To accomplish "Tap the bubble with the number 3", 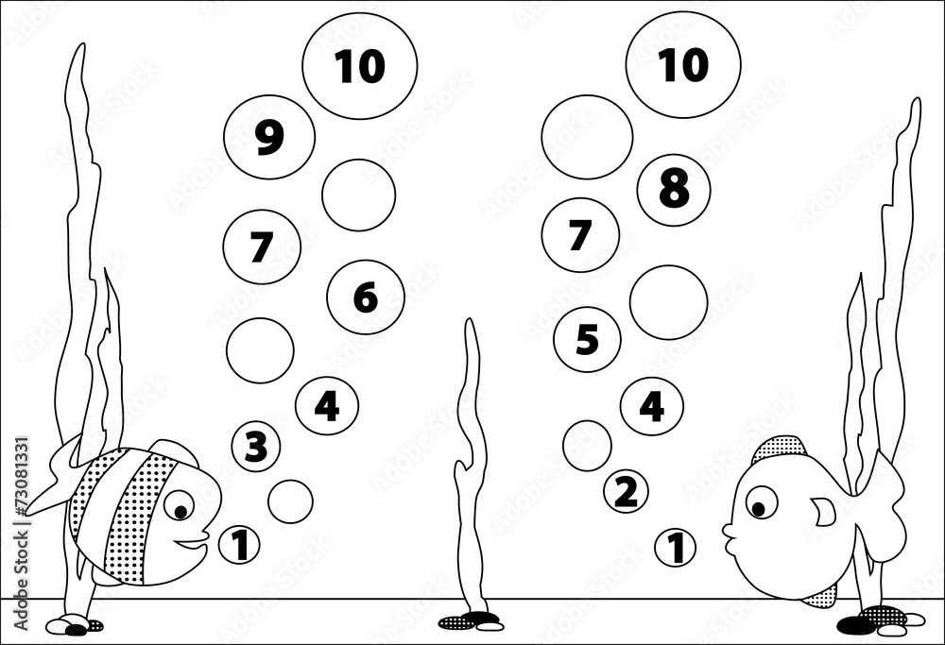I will pyautogui.click(x=256, y=446).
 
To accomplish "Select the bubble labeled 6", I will pyautogui.click(x=366, y=297).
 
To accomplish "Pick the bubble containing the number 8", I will pyautogui.click(x=674, y=189).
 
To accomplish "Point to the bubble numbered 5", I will pyautogui.click(x=587, y=339).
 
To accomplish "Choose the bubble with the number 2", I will pyautogui.click(x=626, y=491).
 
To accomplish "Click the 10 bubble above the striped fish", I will pyautogui.click(x=359, y=65).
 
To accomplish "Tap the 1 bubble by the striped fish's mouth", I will pyautogui.click(x=240, y=545).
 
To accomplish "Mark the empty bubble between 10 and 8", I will pyautogui.click(x=587, y=137).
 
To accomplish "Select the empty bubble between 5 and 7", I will pyautogui.click(x=668, y=302).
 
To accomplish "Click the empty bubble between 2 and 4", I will pyautogui.click(x=587, y=446).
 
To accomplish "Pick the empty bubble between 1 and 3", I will pyautogui.click(x=290, y=501).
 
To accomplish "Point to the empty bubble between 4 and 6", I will pyautogui.click(x=260, y=350).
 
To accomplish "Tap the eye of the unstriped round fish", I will pyautogui.click(x=760, y=502).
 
